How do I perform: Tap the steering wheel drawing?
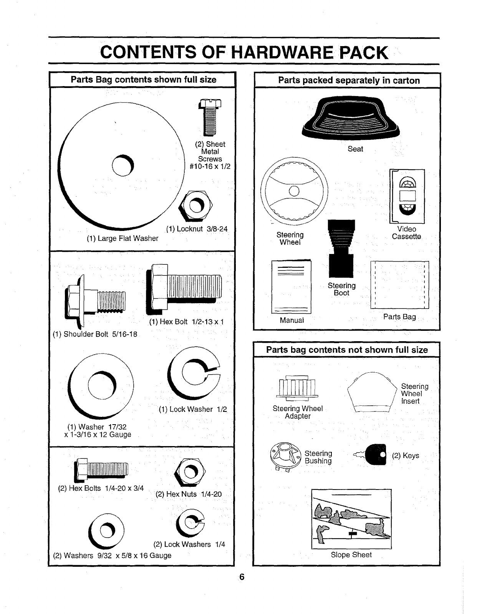point(294,191)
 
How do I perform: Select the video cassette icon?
point(407,196)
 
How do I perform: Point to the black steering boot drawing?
point(341,248)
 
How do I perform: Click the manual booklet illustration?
point(291,287)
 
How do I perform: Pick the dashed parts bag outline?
point(399,284)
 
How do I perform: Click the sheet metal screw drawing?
point(210,117)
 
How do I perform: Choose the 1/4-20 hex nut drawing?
point(190,472)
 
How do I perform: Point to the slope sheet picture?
point(351,519)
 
